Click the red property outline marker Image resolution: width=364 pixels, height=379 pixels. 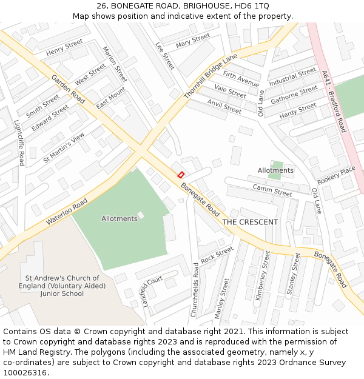[x=180, y=175]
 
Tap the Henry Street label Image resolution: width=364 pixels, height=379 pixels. [x=64, y=47]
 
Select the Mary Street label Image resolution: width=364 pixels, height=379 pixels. [x=192, y=41]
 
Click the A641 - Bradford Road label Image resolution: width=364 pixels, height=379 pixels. [x=334, y=102]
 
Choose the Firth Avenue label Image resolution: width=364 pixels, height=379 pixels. [x=241, y=79]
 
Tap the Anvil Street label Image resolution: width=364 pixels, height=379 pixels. [x=224, y=107]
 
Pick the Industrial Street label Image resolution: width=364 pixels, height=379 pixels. [x=292, y=77]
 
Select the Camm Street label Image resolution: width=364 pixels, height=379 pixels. [x=272, y=190]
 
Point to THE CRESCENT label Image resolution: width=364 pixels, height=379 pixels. [x=250, y=222]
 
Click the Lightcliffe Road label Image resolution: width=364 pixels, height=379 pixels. [x=19, y=143]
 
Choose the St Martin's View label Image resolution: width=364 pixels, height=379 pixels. [x=64, y=148]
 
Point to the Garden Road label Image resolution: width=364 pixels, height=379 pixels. [x=69, y=89]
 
